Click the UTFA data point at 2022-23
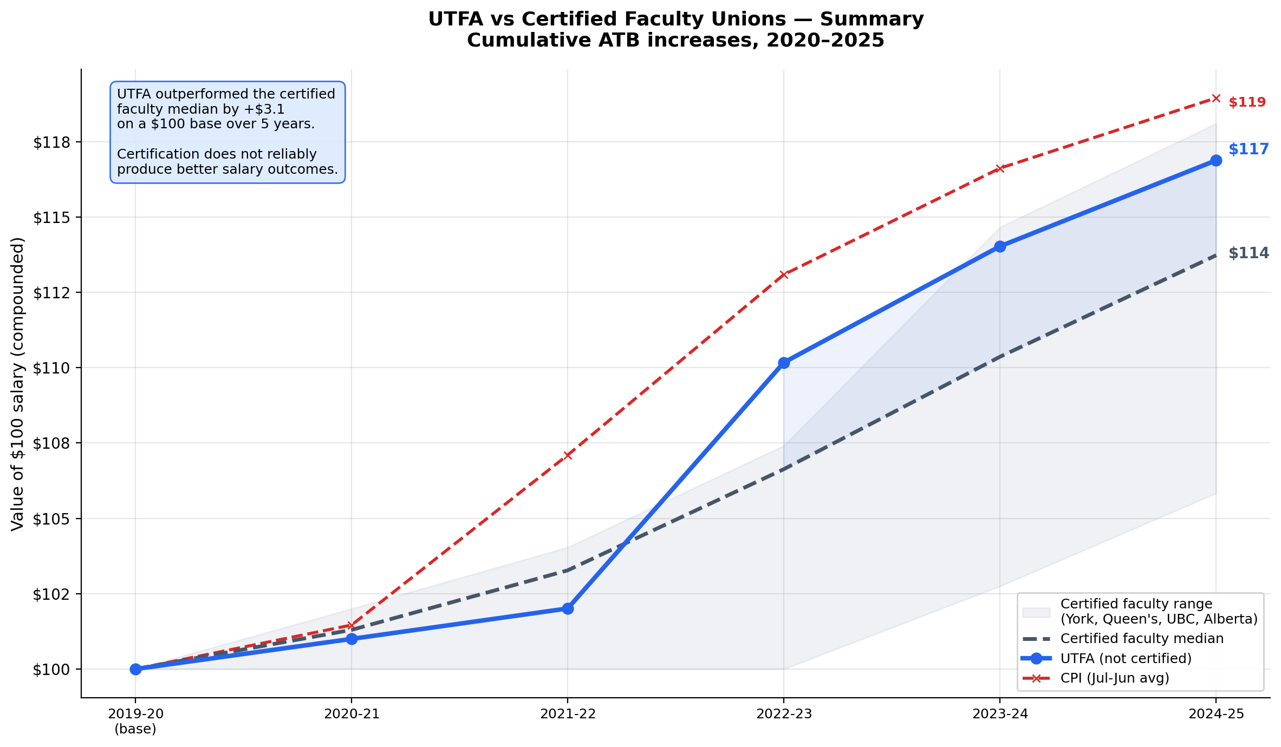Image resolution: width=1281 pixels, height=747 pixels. click(783, 363)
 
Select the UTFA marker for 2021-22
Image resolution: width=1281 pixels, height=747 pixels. click(567, 608)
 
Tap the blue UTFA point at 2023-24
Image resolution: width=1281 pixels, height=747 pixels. click(1000, 246)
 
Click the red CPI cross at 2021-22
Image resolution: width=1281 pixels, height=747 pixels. click(567, 455)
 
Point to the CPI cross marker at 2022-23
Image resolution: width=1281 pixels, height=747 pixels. click(783, 274)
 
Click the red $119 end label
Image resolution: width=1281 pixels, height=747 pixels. click(1247, 102)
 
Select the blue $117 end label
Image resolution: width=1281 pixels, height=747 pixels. click(1248, 149)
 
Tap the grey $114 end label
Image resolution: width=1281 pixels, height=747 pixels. click(1248, 253)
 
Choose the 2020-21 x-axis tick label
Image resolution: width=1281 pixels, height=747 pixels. click(352, 714)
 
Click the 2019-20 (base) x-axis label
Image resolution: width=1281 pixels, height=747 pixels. click(135, 721)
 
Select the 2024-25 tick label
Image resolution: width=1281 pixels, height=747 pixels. click(1216, 714)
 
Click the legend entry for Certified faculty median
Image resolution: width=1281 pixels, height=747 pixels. click(1142, 639)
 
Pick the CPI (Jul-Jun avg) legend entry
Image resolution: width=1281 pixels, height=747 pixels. click(1115, 678)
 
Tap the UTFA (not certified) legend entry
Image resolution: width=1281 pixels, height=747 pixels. click(1126, 658)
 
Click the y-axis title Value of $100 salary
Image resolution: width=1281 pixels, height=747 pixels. click(18, 384)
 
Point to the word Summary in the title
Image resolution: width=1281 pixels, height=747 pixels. click(872, 19)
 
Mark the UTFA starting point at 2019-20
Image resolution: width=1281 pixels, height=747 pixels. click(135, 669)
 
